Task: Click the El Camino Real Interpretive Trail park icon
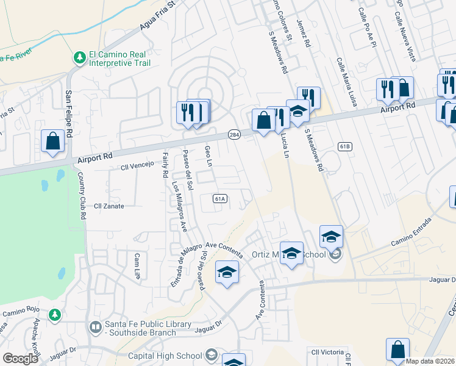tap(79, 57)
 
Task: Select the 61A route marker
tap(220, 198)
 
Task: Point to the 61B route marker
tap(345, 146)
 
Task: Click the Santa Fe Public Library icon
tap(95, 328)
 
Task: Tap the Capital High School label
tap(165, 356)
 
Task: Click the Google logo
tap(20, 358)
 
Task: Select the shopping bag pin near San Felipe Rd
tap(54, 141)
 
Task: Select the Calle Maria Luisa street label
tap(345, 82)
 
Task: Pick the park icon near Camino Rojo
tap(55, 314)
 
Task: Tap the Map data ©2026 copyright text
tap(430, 361)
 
